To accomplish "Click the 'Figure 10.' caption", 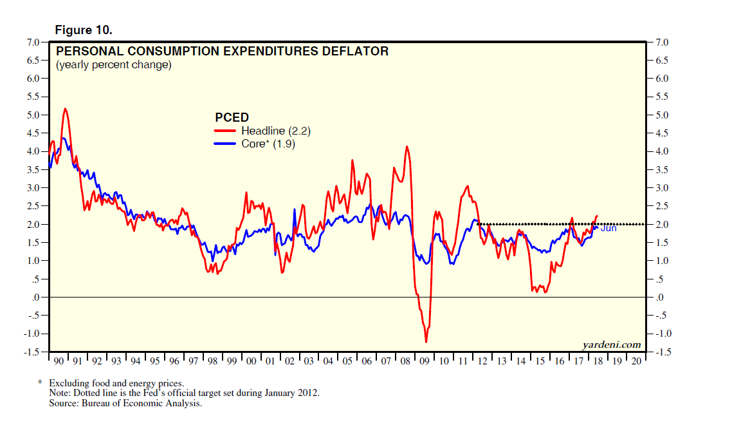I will tap(84, 30).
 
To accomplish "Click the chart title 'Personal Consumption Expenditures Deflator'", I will tap(223, 51).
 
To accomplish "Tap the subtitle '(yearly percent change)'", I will tap(113, 65).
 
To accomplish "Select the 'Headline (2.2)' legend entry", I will tap(276, 131).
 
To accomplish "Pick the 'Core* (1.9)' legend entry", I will tap(268, 144).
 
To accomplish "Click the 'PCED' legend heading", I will tap(231, 118).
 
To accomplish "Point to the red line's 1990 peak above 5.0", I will tap(65, 109).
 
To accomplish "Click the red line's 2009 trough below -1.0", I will tap(426, 341).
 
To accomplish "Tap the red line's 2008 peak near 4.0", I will tap(407, 147).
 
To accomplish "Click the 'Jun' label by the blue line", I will tap(608, 228).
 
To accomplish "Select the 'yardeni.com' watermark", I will tap(611, 345).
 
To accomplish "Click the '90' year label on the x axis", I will tap(58, 362).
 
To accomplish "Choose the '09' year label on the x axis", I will tap(424, 362).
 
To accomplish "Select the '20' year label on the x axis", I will tap(636, 362).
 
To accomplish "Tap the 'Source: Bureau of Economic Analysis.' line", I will tap(125, 404).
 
